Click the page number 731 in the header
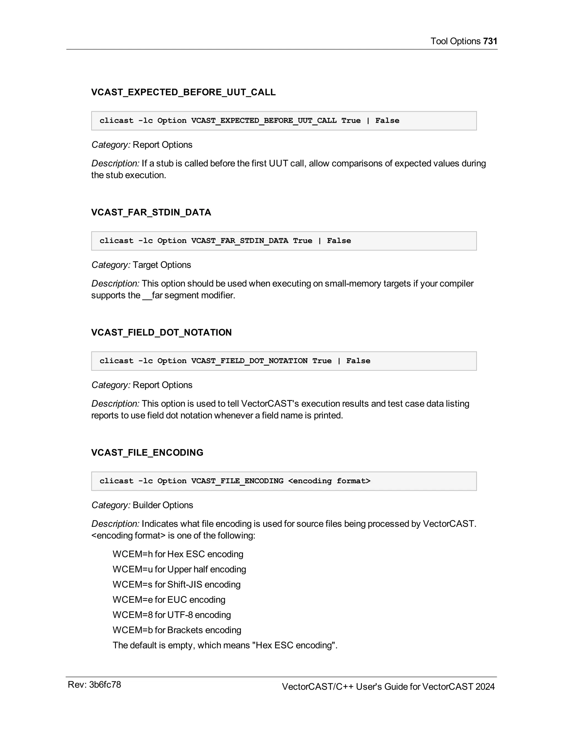pyautogui.click(x=490, y=41)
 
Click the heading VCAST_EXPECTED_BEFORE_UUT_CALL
pyautogui.click(x=183, y=92)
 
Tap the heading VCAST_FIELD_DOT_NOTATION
pyautogui.click(x=161, y=333)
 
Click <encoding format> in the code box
pyautogui.click(x=329, y=481)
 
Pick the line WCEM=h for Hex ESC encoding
pyautogui.click(x=178, y=554)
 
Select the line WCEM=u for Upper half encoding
pyautogui.click(x=179, y=569)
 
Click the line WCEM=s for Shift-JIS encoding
pyautogui.click(x=177, y=585)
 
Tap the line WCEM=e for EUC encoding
pyautogui.click(x=169, y=599)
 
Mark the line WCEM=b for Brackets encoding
pyautogui.click(x=177, y=630)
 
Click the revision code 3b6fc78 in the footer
pyautogui.click(x=105, y=685)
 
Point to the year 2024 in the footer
pyautogui.click(x=485, y=687)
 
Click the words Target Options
pyautogui.click(x=162, y=265)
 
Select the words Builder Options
pyautogui.click(x=163, y=505)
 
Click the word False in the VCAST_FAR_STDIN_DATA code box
pyautogui.click(x=339, y=241)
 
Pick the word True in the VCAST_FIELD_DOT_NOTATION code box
pyautogui.click(x=322, y=361)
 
